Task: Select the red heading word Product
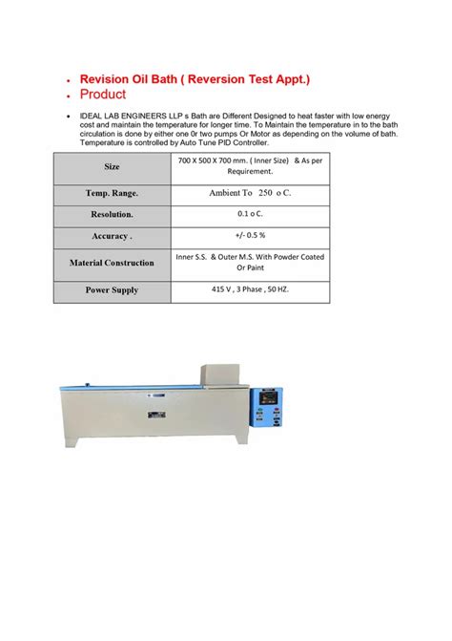click(104, 96)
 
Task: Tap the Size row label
click(112, 166)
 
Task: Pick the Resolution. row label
click(112, 215)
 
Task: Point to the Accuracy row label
click(112, 237)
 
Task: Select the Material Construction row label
click(112, 262)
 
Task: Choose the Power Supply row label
click(112, 289)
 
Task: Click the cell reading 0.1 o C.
click(251, 215)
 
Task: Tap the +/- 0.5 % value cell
click(251, 237)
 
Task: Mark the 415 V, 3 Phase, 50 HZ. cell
click(251, 288)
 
